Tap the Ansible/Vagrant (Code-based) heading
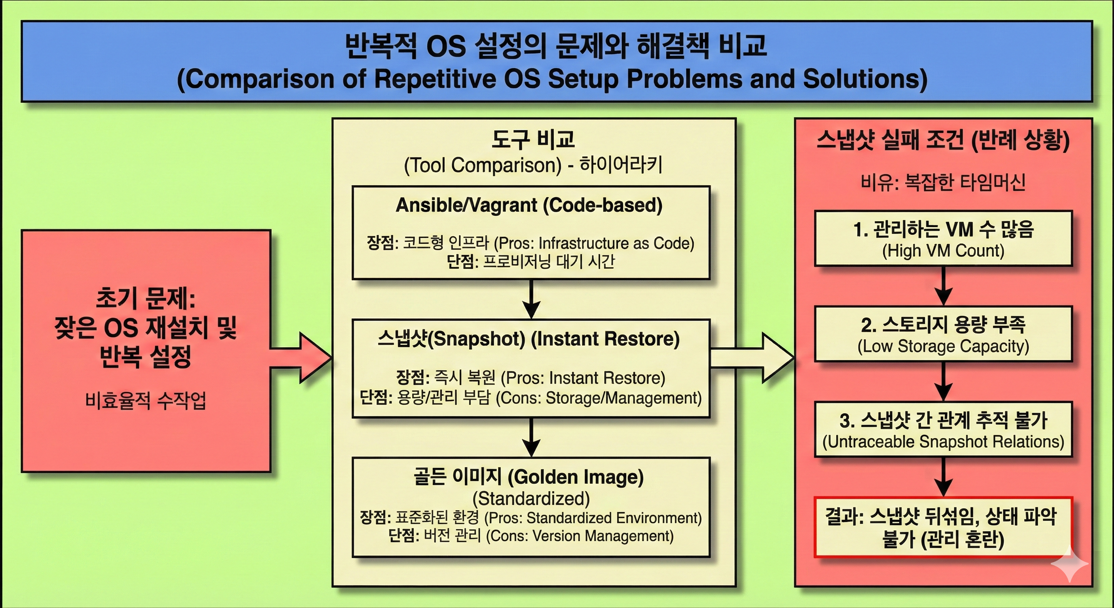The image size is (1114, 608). click(529, 205)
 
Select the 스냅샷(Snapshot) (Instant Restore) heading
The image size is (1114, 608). click(529, 339)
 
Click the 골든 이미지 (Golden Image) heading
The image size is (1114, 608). click(529, 477)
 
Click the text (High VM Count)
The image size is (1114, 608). click(943, 251)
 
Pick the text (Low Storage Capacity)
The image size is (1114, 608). click(943, 346)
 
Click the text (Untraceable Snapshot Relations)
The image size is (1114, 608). click(943, 442)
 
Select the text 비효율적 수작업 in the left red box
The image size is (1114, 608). click(146, 401)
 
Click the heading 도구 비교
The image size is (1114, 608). click(533, 139)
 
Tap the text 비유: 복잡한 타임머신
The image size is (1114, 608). click(943, 182)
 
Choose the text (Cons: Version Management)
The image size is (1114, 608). click(580, 536)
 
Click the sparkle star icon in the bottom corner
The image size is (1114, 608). click(1069, 563)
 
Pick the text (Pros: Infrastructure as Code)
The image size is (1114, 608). click(594, 243)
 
